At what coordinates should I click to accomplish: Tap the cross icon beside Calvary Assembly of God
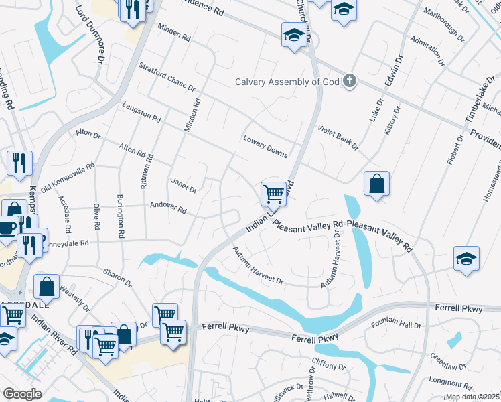tap(348, 82)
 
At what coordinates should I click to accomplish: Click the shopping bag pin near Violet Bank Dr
tap(377, 183)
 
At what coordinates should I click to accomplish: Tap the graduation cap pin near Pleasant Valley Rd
tap(466, 259)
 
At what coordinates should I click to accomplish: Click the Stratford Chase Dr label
tap(167, 78)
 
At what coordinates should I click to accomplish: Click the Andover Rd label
tap(167, 207)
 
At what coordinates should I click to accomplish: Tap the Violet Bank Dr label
tap(338, 137)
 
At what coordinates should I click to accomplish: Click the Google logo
tap(22, 394)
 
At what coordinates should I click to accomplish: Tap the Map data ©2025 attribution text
tap(472, 397)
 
